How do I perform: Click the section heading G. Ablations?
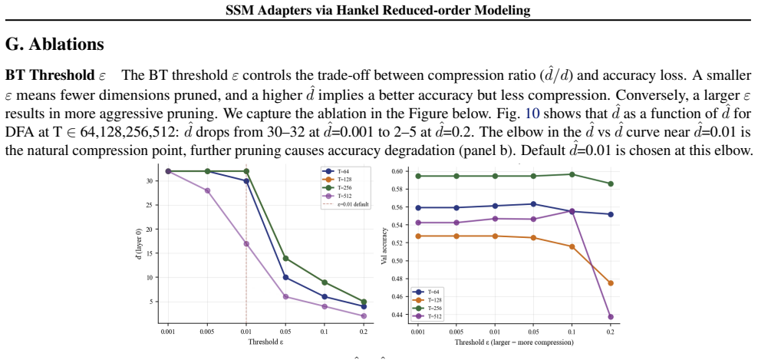[x=54, y=45]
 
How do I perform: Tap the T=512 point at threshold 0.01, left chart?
[x=246, y=244]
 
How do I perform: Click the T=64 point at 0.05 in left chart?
[x=285, y=278]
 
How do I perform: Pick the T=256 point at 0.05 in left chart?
[x=285, y=259]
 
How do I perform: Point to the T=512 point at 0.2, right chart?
[x=611, y=317]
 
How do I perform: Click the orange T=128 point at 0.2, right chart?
[x=611, y=283]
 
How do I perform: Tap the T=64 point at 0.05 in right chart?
[x=533, y=204]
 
